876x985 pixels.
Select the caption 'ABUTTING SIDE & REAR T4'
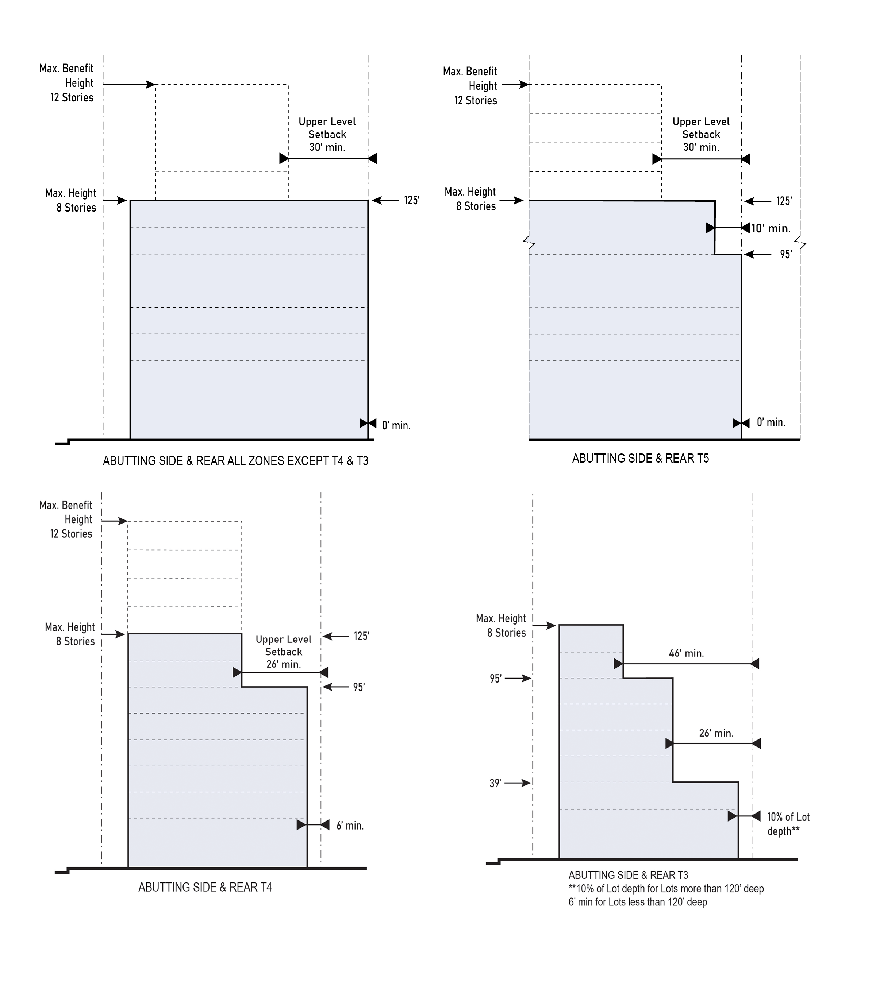pos(205,887)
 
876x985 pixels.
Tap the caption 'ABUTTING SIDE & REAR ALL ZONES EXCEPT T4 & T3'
pos(235,461)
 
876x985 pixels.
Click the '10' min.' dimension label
pos(771,228)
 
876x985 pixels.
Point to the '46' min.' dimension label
pos(686,653)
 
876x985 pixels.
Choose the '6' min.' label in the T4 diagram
pos(350,826)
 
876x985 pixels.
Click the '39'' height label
pos(495,783)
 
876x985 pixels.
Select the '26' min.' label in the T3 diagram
pos(716,733)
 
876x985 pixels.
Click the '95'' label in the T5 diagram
pos(786,254)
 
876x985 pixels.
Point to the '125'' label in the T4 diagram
pos(361,636)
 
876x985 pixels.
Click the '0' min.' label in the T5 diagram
pos(771,422)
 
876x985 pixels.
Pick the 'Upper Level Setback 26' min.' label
pos(284,652)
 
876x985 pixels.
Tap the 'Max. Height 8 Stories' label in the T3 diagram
pos(501,626)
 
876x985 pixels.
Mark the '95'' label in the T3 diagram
pos(496,679)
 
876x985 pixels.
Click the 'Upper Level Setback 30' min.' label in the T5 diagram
pos(701,135)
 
